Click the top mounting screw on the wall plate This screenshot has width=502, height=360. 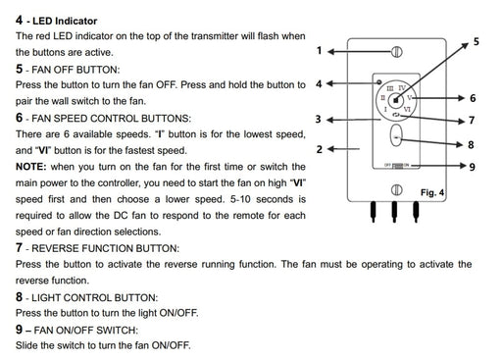pos(397,52)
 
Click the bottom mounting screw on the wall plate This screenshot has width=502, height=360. pos(397,190)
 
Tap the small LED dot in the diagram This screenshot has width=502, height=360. pos(379,82)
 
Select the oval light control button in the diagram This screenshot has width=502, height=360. pos(396,135)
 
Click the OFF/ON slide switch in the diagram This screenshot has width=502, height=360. pos(397,166)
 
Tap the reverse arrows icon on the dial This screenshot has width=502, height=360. pos(396,115)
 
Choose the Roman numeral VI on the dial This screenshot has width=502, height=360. pos(407,109)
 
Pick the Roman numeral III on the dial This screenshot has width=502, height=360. pos(390,88)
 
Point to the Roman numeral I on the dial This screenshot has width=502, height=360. pos(386,109)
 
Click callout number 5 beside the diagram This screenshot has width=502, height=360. pos(477,41)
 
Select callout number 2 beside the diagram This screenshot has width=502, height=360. pos(320,149)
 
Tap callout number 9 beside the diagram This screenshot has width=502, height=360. pos(473,167)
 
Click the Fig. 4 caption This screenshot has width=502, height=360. pos(432,192)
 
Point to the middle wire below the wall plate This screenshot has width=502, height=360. pos(394,212)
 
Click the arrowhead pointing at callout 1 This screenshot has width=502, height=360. pos(331,52)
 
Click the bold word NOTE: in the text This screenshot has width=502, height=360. pos(31,167)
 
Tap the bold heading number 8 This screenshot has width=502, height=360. pos(19,297)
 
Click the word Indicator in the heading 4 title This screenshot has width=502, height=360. pos(76,21)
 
